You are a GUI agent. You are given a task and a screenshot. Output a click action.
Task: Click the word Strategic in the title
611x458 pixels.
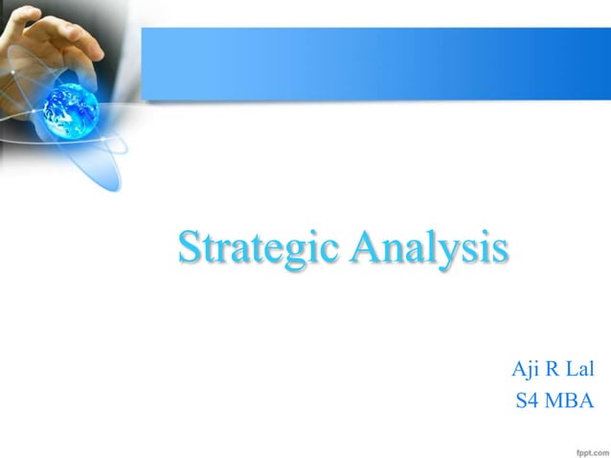click(x=260, y=247)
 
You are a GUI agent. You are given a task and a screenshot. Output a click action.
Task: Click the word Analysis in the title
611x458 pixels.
click(x=428, y=247)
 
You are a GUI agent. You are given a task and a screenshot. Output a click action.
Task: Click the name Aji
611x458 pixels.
click(x=526, y=369)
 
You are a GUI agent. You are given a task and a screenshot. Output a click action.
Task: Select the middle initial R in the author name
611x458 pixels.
click(x=554, y=369)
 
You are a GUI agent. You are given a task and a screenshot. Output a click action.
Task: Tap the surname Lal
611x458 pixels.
click(x=580, y=369)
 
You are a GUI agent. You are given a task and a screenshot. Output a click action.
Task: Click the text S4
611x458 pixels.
click(x=528, y=401)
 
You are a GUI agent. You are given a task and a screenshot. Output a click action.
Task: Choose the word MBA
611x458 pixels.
click(x=570, y=401)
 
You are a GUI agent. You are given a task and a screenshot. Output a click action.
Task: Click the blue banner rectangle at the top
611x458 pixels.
click(x=373, y=63)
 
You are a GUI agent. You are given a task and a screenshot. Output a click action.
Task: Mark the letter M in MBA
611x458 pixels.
click(x=554, y=401)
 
